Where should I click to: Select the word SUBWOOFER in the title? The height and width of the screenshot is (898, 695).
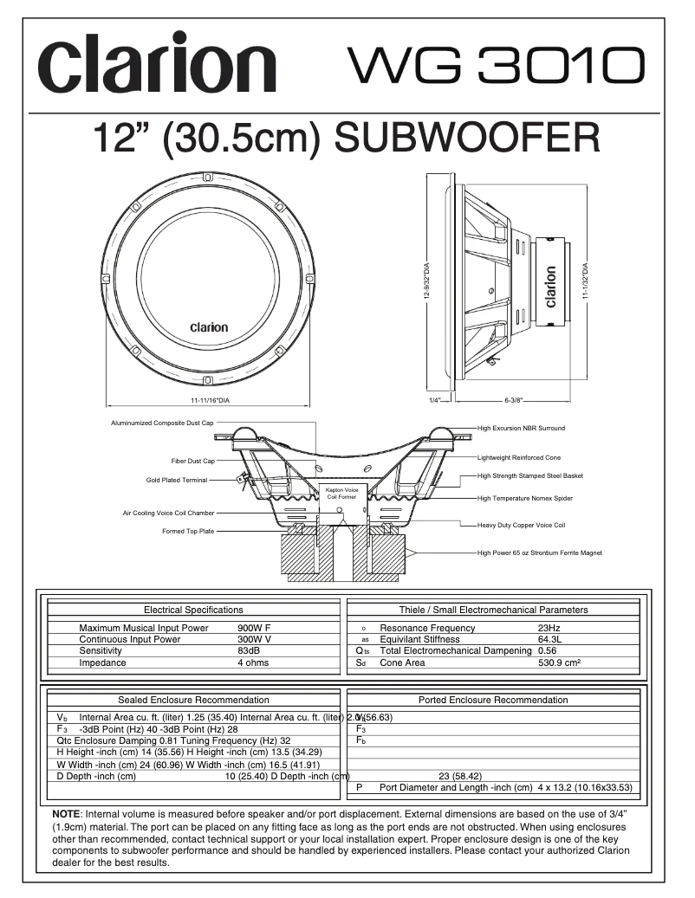click(466, 139)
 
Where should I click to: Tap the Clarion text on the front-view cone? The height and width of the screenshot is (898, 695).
click(209, 327)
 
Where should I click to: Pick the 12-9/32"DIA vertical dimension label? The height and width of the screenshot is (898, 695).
click(426, 281)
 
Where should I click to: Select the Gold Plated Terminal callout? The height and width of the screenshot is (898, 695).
click(177, 480)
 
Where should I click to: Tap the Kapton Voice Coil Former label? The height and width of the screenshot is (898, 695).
click(341, 494)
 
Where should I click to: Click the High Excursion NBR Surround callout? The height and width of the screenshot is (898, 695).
click(521, 428)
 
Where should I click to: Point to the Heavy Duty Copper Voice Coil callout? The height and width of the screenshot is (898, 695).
click(522, 525)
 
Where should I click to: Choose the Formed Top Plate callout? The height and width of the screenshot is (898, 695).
click(187, 531)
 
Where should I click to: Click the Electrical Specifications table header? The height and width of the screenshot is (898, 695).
click(193, 610)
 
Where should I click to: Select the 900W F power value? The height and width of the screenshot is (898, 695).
click(254, 628)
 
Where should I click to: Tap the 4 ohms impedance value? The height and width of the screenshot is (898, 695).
click(253, 662)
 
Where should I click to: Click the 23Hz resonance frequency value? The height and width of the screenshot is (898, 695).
click(549, 628)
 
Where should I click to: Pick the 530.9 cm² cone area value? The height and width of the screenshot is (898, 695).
click(558, 662)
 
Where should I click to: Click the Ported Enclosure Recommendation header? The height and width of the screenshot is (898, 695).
click(493, 700)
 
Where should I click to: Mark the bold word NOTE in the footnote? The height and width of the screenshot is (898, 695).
click(66, 816)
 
